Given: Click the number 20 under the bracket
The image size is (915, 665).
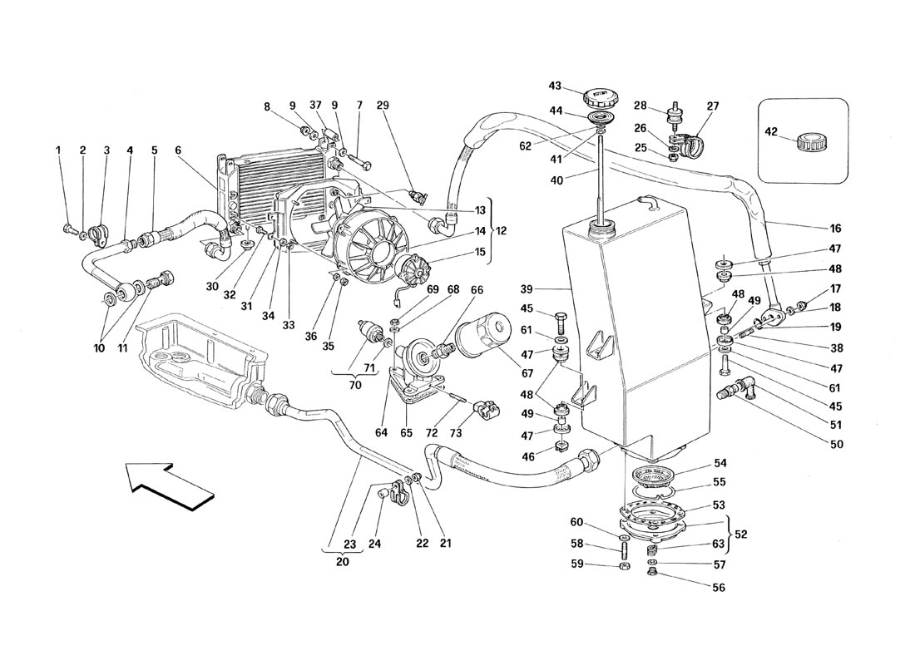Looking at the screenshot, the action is tap(343, 562).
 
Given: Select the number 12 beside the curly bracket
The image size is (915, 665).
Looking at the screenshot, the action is tap(501, 231).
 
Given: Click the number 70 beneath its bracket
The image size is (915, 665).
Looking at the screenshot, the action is tap(355, 385).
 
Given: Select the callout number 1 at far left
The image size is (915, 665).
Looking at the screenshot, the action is tap(58, 150).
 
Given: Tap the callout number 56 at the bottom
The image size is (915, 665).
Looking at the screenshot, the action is tap(719, 588).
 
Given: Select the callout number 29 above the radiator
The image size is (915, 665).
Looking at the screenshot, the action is tap(383, 106).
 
